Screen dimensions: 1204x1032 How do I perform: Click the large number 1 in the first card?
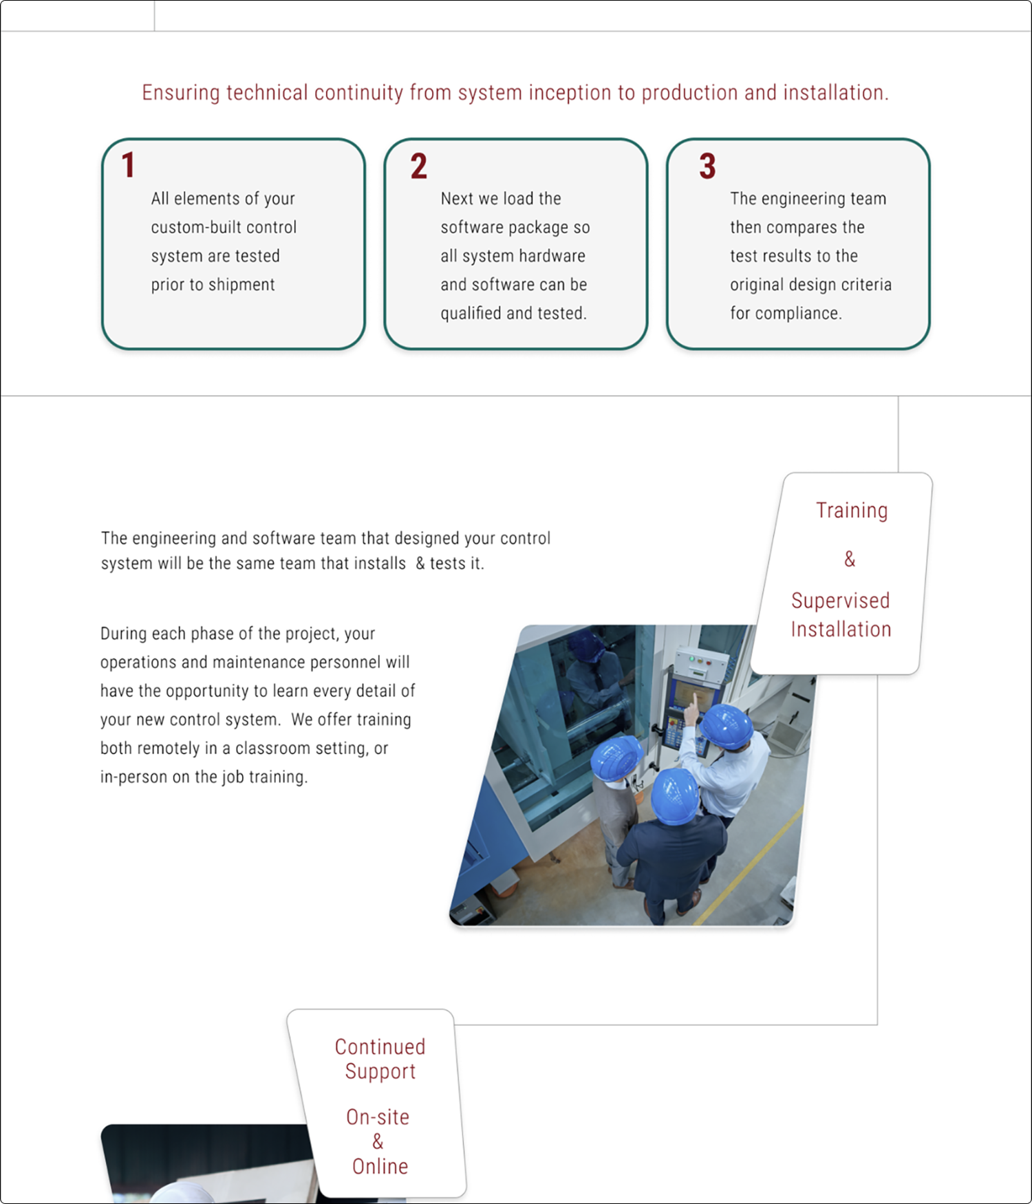pyautogui.click(x=128, y=166)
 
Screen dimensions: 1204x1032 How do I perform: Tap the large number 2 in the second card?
pyautogui.click(x=418, y=166)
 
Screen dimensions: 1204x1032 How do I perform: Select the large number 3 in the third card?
pyautogui.click(x=707, y=166)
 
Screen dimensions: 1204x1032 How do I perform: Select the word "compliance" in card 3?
pyautogui.click(x=798, y=314)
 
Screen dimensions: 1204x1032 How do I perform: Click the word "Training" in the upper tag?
pyautogui.click(x=852, y=510)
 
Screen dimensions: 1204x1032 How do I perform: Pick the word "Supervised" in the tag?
pyautogui.click(x=840, y=601)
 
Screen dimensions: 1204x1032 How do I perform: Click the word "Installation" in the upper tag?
pyautogui.click(x=841, y=630)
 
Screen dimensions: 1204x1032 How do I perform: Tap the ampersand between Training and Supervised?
pyautogui.click(x=850, y=559)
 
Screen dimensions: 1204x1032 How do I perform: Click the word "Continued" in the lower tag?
pyautogui.click(x=380, y=1047)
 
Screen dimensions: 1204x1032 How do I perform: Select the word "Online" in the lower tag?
pyautogui.click(x=380, y=1167)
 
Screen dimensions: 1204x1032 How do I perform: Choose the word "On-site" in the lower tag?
pyautogui.click(x=378, y=1117)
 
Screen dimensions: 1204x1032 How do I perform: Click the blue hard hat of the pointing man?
pyautogui.click(x=726, y=725)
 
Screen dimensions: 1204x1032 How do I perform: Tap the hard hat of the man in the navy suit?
pyautogui.click(x=674, y=795)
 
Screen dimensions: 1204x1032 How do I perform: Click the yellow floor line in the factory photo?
pyautogui.click(x=750, y=867)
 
